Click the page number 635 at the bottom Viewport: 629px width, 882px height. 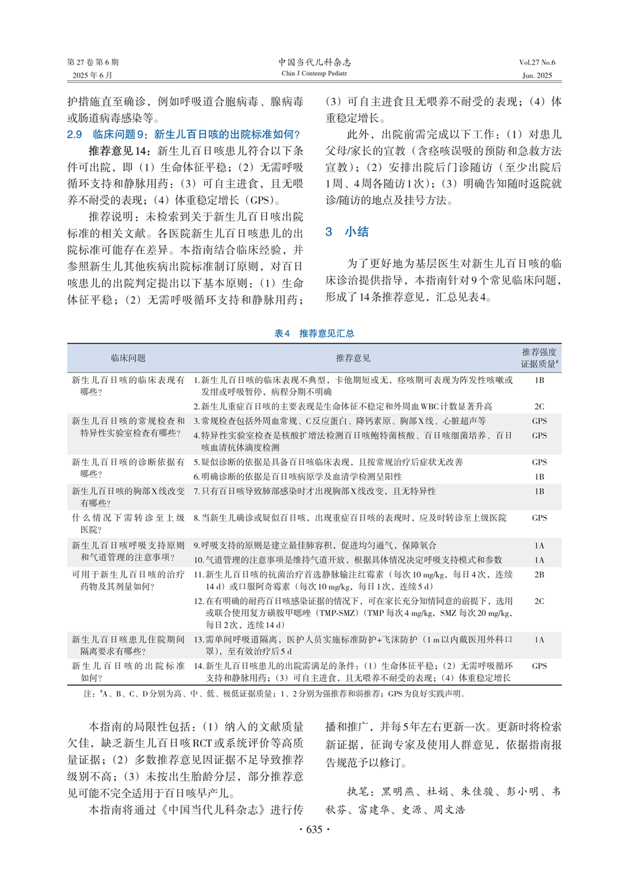click(x=314, y=829)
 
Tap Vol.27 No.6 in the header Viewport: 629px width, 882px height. click(x=537, y=62)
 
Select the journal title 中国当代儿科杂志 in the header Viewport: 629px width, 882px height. click(x=314, y=62)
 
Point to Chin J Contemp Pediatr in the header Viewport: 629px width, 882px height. click(x=314, y=74)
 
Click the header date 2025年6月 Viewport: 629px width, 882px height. click(x=92, y=75)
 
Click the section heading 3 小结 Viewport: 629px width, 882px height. click(x=347, y=232)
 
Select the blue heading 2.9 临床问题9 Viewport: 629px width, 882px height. click(x=183, y=134)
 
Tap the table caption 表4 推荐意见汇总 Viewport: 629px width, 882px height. click(x=314, y=333)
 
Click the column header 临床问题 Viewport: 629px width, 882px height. click(x=128, y=358)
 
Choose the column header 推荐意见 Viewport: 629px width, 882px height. click(x=353, y=358)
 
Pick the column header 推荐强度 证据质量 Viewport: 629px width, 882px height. click(x=539, y=358)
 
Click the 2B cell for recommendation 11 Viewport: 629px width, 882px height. click(x=539, y=575)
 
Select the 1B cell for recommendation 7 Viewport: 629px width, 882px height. click(x=539, y=492)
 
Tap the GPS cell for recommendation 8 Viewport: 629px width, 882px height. click(x=539, y=518)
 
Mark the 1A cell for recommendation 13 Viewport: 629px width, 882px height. click(x=539, y=640)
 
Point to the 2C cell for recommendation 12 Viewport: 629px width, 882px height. click(x=539, y=601)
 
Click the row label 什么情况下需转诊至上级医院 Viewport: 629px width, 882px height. click(x=128, y=523)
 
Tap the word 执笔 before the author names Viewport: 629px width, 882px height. click(x=361, y=792)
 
